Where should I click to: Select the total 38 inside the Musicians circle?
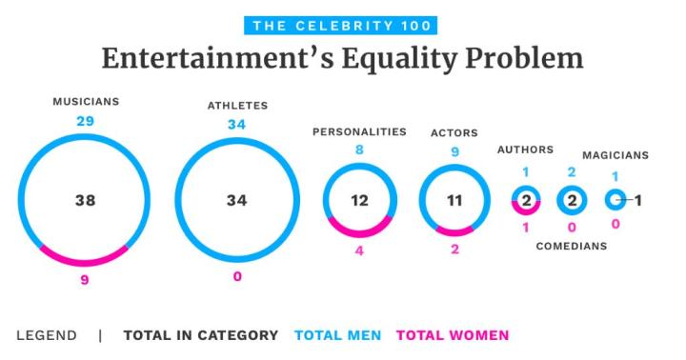coord(85,200)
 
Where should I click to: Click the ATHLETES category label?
coord(237,106)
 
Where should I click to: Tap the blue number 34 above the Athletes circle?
coord(237,125)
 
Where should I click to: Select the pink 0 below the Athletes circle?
coord(237,277)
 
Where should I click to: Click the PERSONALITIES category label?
coord(359,131)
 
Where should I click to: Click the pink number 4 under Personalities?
coord(359,251)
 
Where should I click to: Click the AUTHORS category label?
coord(525,150)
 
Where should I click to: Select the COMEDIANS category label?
coord(572,246)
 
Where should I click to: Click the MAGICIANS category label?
coord(615,155)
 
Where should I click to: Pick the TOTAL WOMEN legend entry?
coord(452,335)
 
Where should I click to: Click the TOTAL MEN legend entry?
coord(337,335)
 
